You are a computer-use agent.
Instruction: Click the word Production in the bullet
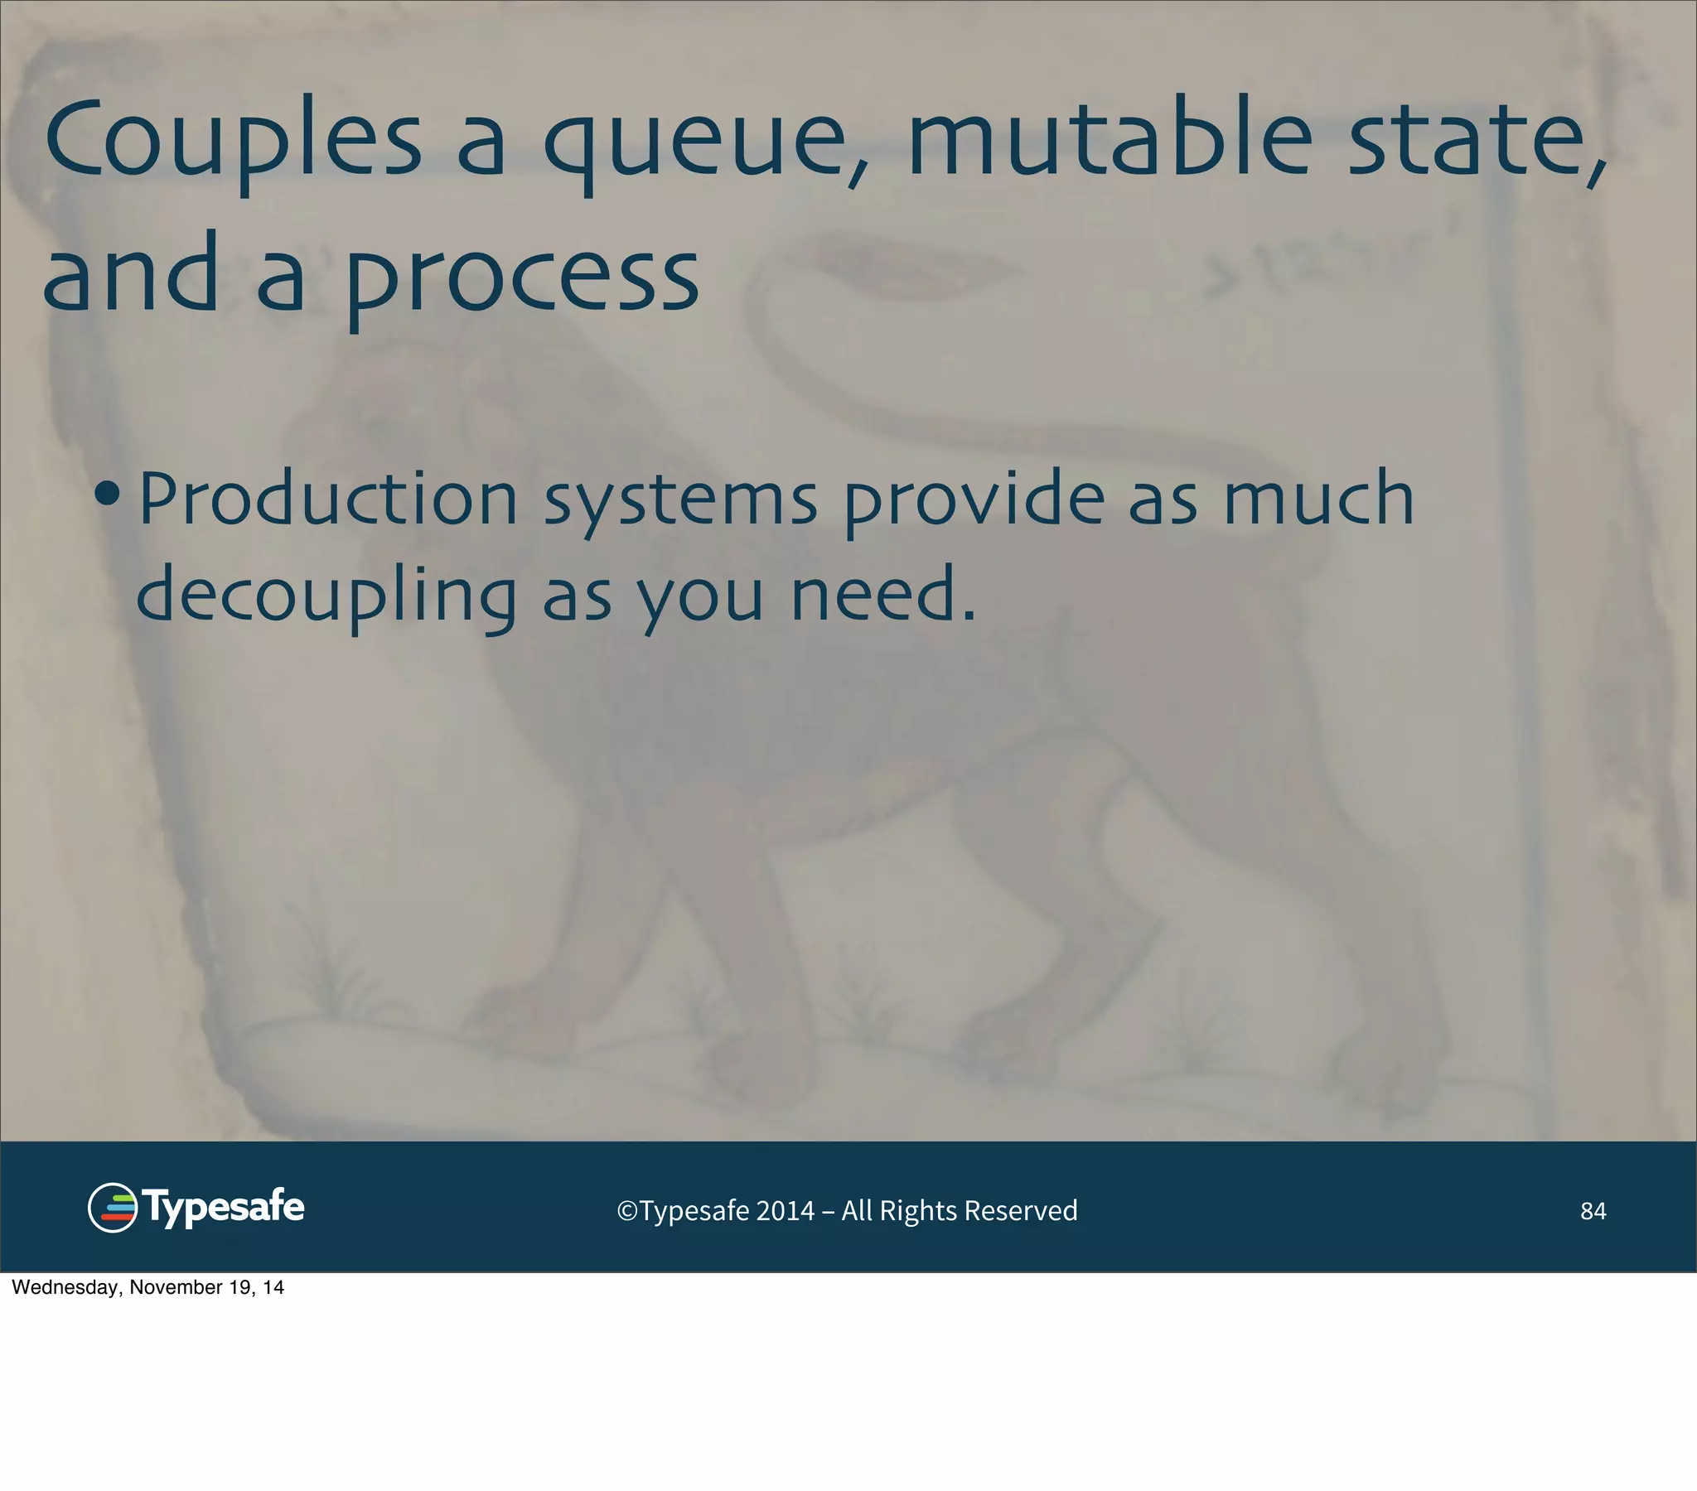coord(328,499)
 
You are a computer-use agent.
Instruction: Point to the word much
coord(1319,498)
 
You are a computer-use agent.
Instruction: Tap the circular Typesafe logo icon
coord(113,1208)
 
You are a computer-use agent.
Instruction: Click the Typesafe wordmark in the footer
coord(225,1208)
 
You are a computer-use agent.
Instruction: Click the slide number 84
coord(1593,1211)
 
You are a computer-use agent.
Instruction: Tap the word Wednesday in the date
coord(66,1287)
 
